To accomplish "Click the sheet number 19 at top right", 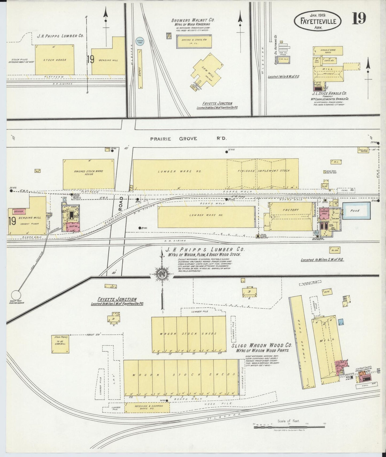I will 358,19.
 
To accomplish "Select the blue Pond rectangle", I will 356,211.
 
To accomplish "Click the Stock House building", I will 54,60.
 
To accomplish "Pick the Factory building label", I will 291,210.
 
